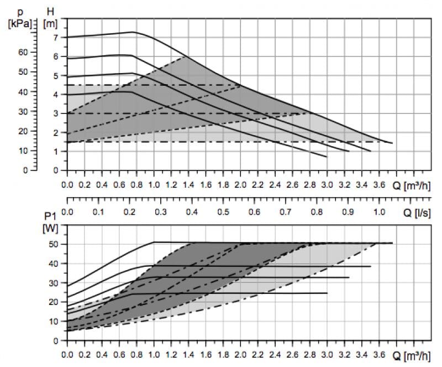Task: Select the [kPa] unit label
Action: click(20, 24)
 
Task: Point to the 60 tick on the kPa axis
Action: click(22, 52)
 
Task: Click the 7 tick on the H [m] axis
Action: click(55, 37)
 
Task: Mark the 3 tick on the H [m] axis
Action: click(55, 113)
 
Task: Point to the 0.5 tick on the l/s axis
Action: click(223, 212)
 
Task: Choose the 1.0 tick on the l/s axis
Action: click(379, 212)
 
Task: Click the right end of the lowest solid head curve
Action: click(327, 157)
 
